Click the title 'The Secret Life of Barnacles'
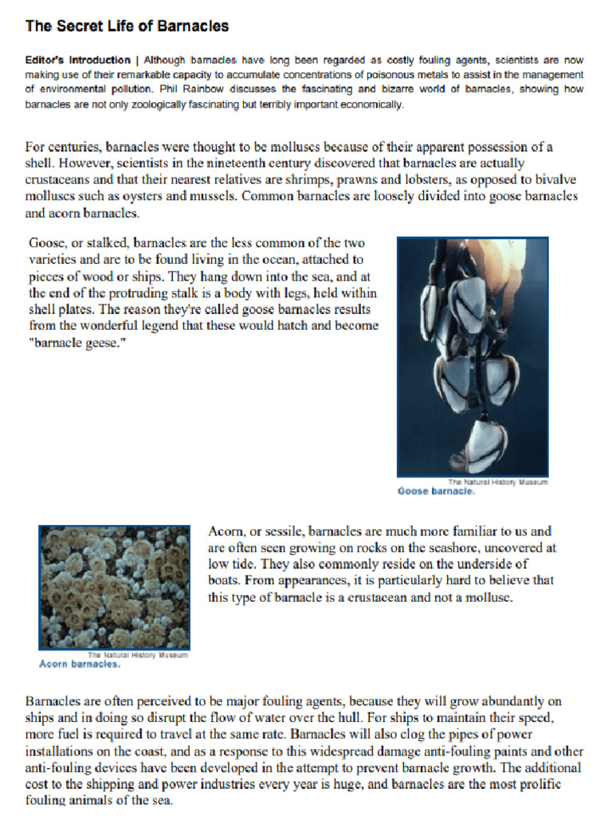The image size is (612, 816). pos(127,26)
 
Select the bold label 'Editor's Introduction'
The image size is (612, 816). pos(77,61)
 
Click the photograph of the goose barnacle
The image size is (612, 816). pos(473,356)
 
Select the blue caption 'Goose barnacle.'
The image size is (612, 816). pos(436,492)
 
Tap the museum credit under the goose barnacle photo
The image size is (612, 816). pos(497,482)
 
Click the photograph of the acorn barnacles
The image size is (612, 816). pos(114,586)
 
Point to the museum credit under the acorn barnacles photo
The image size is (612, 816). pos(137,654)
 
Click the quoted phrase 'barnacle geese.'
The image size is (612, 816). pos(77,343)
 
